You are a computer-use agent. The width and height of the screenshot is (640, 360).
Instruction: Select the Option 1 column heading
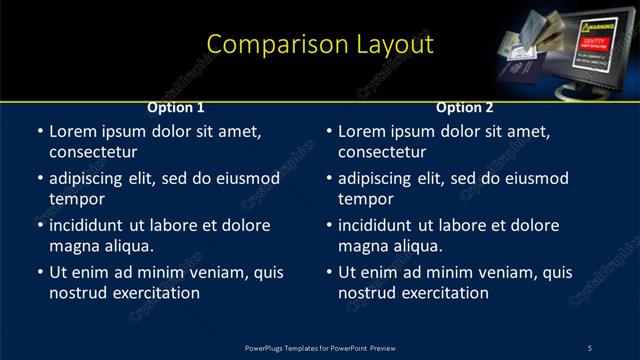176,107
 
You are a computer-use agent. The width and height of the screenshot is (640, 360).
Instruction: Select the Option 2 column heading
465,107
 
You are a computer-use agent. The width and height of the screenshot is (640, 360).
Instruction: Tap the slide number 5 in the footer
589,347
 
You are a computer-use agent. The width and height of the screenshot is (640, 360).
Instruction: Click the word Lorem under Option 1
73,131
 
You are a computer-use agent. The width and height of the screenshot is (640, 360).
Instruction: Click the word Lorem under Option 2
362,131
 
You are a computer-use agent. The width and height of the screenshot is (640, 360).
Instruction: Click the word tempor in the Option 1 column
73,199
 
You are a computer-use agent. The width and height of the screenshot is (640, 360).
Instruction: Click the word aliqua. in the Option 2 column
415,246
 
